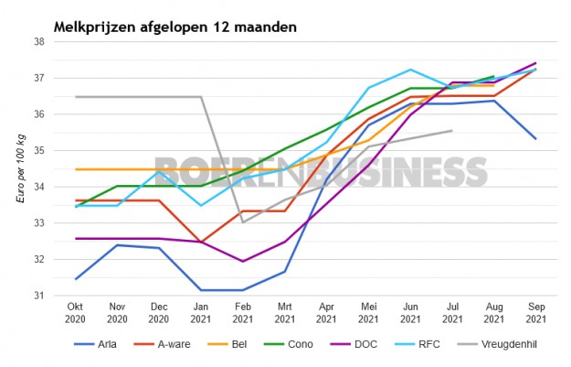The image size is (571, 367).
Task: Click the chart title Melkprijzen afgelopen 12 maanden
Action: pos(174,27)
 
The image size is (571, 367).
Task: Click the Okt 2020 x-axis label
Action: pos(75,313)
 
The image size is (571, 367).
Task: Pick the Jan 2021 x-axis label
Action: pos(200,313)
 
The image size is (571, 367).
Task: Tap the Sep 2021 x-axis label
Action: pos(535,313)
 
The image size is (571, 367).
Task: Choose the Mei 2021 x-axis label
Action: pos(368,313)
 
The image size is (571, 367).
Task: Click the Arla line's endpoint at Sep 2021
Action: pos(535,139)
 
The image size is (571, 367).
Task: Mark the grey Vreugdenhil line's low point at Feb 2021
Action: pos(243,221)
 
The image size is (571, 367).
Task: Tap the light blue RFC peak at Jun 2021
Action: pos(410,70)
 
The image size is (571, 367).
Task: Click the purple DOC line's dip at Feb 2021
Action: pos(243,262)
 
